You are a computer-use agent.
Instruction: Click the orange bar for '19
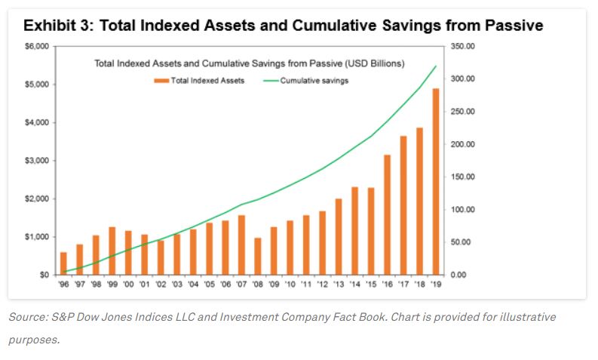coord(435,182)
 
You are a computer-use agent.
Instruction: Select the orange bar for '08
coord(257,257)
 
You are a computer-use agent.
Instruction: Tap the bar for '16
coord(388,215)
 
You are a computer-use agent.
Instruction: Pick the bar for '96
coord(63,263)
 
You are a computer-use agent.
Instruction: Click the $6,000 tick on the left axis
coord(38,47)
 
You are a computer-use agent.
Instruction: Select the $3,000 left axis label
coord(38,161)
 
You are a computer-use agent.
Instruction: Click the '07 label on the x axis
coord(241,285)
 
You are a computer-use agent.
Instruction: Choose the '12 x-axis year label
coord(322,285)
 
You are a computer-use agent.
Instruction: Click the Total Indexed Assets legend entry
coord(200,81)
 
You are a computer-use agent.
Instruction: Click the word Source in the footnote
coord(27,317)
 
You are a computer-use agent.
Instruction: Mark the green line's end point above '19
coord(436,66)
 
